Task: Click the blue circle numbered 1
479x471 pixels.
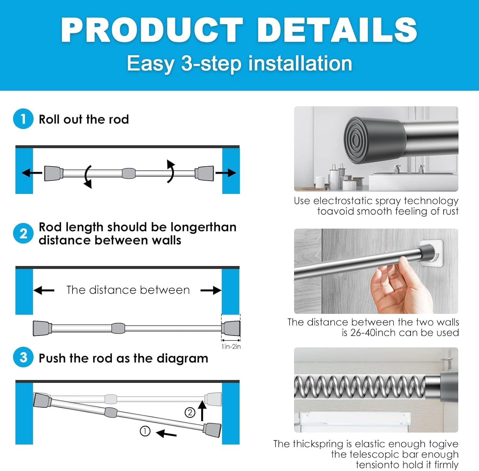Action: tap(23, 119)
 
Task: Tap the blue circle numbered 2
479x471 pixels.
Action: tap(23, 233)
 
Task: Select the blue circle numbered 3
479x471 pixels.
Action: tap(23, 357)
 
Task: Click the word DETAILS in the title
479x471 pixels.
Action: tap(337, 29)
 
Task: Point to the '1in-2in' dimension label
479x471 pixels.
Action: tap(231, 346)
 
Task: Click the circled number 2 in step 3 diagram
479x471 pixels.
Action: tap(190, 413)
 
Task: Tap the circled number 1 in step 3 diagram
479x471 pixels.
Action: tap(145, 431)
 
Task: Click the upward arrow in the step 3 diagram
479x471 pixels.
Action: tap(202, 411)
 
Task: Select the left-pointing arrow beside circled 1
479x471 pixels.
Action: tap(166, 433)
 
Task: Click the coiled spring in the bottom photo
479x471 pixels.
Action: tap(360, 387)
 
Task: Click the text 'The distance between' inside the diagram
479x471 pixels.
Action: tap(128, 290)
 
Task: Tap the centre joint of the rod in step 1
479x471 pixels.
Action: tap(128, 173)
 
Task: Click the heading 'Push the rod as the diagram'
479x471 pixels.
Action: tap(123, 358)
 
